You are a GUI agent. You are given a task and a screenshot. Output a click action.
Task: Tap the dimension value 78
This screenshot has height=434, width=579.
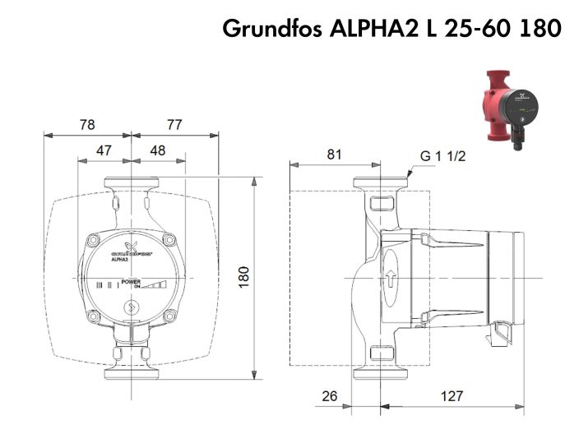86,125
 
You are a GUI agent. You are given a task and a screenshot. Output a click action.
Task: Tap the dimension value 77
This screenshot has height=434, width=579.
174,125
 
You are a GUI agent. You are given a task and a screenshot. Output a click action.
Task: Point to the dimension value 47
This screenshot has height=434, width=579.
104,151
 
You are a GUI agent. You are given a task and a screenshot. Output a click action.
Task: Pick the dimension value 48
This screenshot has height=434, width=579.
158,151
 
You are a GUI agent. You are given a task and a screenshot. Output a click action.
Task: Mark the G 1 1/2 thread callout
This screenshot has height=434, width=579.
443,156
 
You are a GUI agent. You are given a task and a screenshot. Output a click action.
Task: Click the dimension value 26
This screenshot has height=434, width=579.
330,395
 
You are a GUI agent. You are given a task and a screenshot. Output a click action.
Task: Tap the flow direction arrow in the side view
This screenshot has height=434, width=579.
391,277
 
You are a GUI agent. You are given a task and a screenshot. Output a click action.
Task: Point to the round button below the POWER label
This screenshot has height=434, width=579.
130,310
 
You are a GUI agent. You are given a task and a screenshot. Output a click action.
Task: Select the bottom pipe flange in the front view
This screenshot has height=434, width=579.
131,371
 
